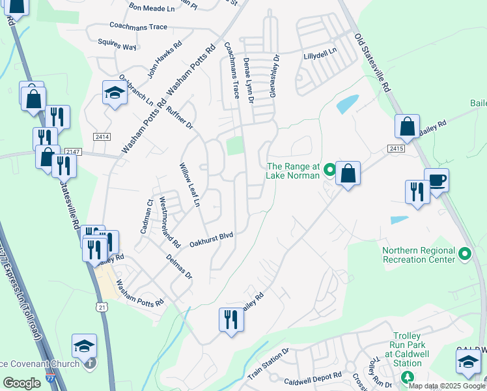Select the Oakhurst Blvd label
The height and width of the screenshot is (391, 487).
click(x=211, y=239)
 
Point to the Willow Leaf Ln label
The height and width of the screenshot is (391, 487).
click(x=189, y=186)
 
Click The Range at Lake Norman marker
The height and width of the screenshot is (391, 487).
click(x=329, y=171)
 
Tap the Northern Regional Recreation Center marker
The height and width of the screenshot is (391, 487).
click(x=464, y=254)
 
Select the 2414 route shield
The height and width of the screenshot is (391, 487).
click(x=102, y=137)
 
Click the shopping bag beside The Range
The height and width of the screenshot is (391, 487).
click(x=348, y=174)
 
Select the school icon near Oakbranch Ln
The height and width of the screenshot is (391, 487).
click(x=114, y=93)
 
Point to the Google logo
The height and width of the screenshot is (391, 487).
click(x=21, y=383)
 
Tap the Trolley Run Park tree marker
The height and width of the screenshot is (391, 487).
click(x=408, y=377)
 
